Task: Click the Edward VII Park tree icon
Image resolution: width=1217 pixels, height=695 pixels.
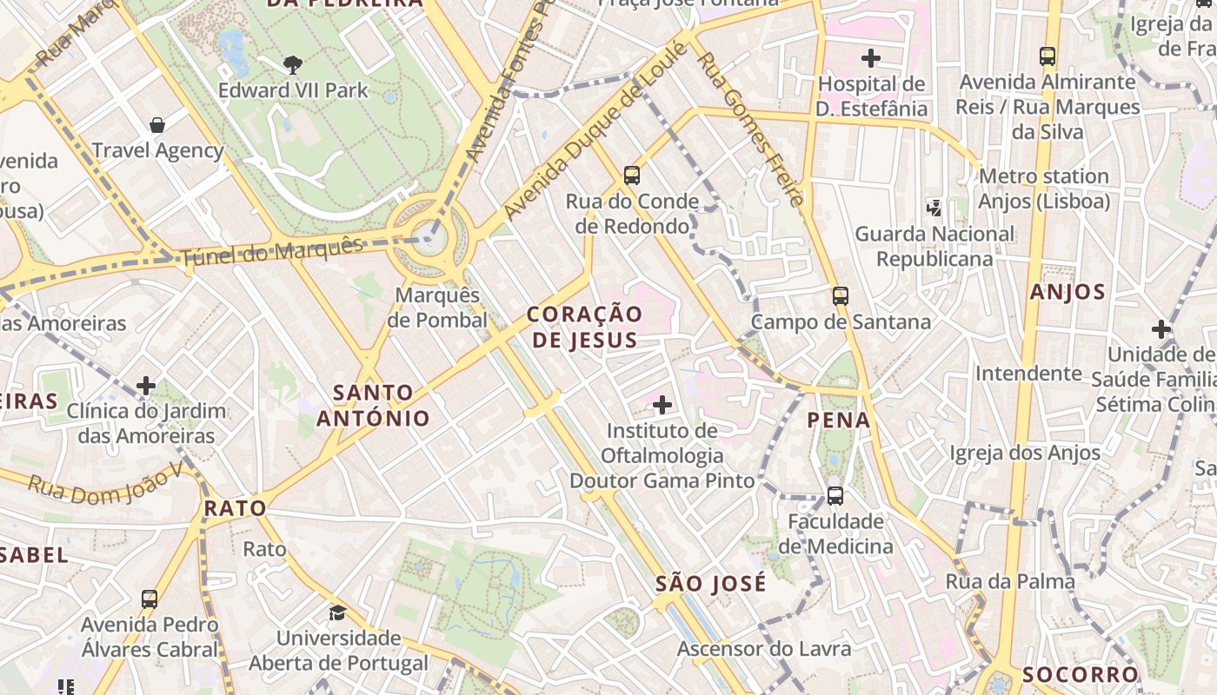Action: (x=293, y=63)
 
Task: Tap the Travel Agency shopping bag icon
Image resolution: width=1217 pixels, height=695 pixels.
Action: (x=157, y=125)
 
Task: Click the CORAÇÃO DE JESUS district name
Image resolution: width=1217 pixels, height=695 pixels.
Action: (x=585, y=327)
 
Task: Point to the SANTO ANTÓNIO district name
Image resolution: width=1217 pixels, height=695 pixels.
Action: (x=373, y=406)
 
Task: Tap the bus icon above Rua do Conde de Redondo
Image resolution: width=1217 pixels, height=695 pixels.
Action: (x=632, y=175)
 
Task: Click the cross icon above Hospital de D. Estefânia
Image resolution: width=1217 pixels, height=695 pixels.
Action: (x=870, y=58)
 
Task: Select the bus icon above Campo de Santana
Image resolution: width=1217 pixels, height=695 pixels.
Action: (x=840, y=295)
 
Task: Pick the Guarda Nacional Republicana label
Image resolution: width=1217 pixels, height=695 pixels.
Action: (x=934, y=247)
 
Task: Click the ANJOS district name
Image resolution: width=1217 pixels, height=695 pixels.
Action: (x=1067, y=292)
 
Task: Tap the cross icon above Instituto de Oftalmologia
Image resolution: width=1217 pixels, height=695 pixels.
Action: (x=662, y=404)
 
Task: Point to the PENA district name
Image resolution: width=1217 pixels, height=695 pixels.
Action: (x=839, y=420)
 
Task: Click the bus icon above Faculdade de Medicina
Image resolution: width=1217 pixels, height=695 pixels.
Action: (x=835, y=496)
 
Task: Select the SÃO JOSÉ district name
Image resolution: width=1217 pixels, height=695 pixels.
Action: (x=711, y=583)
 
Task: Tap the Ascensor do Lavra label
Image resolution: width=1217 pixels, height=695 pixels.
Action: (x=765, y=649)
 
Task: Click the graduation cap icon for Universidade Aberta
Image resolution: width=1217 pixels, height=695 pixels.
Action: (x=337, y=613)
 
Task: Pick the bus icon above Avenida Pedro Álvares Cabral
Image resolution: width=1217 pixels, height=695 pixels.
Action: (x=150, y=599)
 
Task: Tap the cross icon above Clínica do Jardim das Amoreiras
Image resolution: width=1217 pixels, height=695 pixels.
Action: (x=146, y=385)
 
